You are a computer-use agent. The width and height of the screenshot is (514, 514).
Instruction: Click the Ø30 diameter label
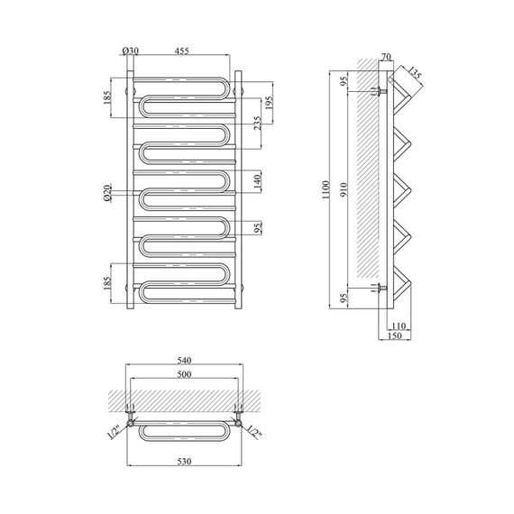tap(131, 50)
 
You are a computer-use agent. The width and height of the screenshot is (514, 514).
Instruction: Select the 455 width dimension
tap(181, 50)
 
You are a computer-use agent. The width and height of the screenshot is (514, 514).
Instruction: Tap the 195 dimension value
tap(269, 104)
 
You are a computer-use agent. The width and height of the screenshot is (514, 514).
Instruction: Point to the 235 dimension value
tap(258, 124)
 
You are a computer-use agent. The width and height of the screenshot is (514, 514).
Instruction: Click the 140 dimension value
tap(257, 182)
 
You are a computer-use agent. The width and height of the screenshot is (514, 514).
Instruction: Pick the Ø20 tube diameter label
tap(107, 193)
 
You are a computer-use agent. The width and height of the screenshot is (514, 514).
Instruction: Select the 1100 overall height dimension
tap(326, 189)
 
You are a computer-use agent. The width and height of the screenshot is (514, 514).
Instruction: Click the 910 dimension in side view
tap(344, 189)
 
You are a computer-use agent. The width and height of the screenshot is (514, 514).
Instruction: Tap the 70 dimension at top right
tap(387, 57)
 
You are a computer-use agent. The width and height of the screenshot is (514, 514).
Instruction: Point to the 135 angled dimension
tap(414, 73)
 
